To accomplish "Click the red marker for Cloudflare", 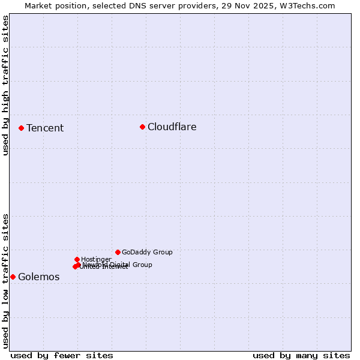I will [x=142, y=127].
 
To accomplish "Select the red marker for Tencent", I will [x=21, y=128].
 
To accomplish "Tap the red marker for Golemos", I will [x=13, y=277].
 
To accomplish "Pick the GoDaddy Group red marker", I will [x=118, y=252].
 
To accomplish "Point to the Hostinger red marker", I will [x=77, y=259].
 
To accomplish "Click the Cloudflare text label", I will [x=172, y=127].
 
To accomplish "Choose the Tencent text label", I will [x=45, y=128].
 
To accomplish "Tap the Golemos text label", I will [x=39, y=277].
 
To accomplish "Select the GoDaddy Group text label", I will [x=147, y=252].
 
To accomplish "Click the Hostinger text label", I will [x=96, y=259].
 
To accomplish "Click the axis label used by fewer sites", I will [x=62, y=355].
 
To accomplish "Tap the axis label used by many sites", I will [x=301, y=355].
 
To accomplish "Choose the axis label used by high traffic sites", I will [x=5, y=85].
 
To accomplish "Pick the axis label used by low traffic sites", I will [x=5, y=280].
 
